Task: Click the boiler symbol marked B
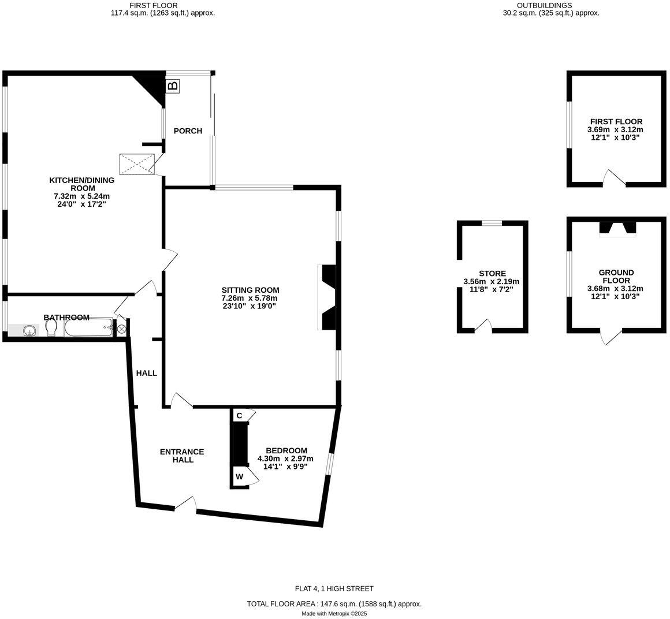coord(172,86)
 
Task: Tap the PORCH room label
coord(188,130)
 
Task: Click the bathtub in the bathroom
coord(88,327)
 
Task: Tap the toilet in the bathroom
coord(51,329)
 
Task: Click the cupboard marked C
coord(239,416)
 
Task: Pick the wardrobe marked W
coord(240,477)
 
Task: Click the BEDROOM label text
coord(286,451)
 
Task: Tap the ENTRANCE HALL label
coord(182,456)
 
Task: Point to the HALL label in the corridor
coord(147,373)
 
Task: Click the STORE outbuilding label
coord(492,273)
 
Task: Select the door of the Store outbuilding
coord(483,326)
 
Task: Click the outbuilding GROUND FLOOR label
coord(616,277)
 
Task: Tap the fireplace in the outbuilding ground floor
coord(618,229)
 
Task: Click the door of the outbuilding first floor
coord(615,178)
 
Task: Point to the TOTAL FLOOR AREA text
coord(334,603)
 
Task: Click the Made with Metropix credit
coord(334,613)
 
